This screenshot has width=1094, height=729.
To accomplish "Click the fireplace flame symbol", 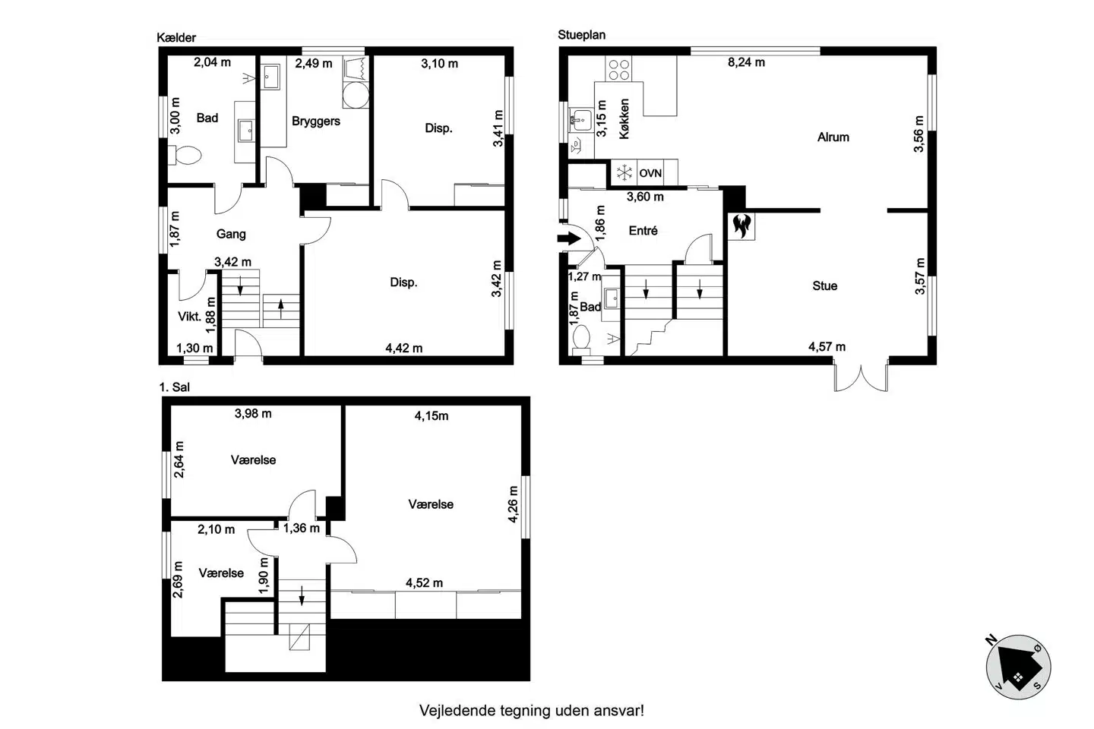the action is pos(741,226).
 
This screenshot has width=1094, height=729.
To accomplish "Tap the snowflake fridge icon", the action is pos(624,172).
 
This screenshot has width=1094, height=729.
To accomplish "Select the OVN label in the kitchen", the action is pos(650,173).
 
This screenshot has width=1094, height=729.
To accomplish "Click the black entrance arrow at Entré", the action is pos(569,238).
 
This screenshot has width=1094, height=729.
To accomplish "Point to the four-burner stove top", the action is pos(618,68).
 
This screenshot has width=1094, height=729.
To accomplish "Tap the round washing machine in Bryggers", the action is pos(356,95).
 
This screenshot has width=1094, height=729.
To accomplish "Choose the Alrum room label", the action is pos(833,137).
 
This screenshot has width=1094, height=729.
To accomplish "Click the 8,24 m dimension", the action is pos(746,62).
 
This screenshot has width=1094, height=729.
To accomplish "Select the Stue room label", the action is pos(825,286).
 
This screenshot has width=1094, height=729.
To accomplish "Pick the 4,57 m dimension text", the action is pos(827,347).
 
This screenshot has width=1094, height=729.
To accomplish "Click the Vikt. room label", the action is pos(189,317).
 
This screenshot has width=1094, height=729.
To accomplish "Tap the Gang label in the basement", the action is pos(231,234).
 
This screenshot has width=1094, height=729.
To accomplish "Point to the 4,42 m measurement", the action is pos(404,348).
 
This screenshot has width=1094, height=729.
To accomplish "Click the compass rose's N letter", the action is pos(991,639).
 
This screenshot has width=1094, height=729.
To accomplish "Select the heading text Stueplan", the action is pos(582,35).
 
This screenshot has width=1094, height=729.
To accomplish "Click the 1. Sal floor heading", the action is pos(175,387).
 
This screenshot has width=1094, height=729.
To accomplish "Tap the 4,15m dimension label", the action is pos(432,416).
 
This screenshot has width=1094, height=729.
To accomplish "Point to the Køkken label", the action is pos(624,118).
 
